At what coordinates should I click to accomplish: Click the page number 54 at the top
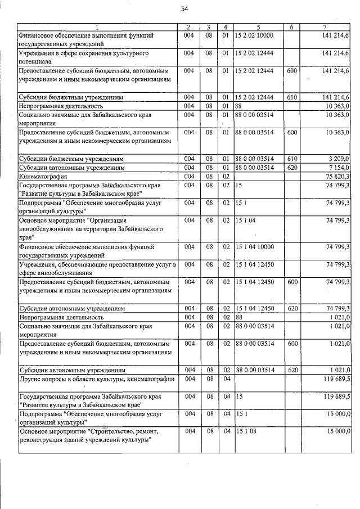(184, 8)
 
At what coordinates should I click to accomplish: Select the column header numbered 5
(258, 27)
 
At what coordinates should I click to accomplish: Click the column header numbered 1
(96, 27)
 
